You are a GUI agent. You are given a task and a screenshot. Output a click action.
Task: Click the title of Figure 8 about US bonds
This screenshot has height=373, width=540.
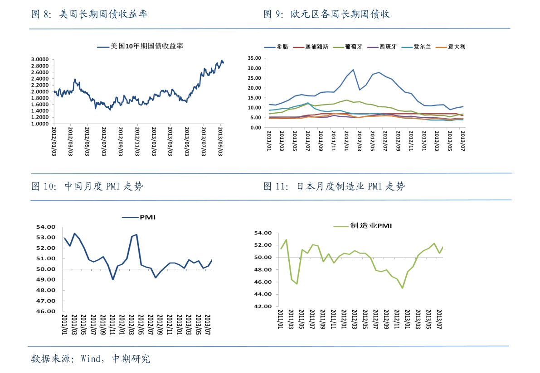point(89,14)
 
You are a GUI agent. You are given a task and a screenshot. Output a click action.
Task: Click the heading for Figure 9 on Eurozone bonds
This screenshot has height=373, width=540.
point(326,14)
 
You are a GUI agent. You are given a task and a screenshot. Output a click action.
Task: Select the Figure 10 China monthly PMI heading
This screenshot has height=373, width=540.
point(87,186)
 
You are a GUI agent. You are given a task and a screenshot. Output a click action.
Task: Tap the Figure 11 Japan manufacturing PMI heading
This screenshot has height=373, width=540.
point(334,186)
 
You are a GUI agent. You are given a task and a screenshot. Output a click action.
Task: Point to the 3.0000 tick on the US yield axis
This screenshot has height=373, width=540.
point(39,59)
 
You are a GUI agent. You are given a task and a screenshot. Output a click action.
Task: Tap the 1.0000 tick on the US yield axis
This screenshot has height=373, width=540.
point(39,124)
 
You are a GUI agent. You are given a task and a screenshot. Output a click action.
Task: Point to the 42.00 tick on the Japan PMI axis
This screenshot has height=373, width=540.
point(263,306)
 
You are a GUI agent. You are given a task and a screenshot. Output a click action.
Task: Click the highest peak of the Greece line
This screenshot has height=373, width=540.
point(353,70)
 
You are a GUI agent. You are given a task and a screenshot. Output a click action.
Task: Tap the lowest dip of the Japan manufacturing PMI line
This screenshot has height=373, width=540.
point(402,288)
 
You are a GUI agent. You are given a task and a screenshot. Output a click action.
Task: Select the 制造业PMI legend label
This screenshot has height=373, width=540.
point(370,225)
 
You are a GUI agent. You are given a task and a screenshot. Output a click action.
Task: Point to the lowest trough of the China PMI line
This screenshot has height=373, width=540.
point(113,279)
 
